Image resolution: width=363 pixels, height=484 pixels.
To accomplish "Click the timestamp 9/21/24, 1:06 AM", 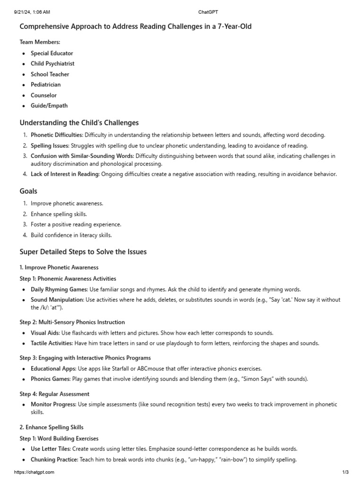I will pyautogui.click(x=32, y=11).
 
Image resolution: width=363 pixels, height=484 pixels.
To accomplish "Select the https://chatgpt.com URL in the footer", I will pyautogui.click(x=34, y=472).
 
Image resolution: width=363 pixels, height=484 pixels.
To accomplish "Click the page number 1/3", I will pyautogui.click(x=345, y=472).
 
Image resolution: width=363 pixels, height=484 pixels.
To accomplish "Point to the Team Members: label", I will pyautogui.click(x=40, y=42).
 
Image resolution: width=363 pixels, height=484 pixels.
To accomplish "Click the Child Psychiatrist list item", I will pyautogui.click(x=52, y=64).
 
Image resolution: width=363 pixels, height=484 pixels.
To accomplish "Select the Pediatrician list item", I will pyautogui.click(x=46, y=85).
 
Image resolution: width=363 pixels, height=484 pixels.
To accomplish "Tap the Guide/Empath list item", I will pyautogui.click(x=49, y=106).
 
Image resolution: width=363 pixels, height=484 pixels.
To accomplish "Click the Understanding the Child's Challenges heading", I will pyautogui.click(x=79, y=123).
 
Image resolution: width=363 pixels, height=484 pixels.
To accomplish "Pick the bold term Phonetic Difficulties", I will pyautogui.click(x=57, y=135).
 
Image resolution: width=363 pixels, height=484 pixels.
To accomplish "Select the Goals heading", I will pyautogui.click(x=28, y=191).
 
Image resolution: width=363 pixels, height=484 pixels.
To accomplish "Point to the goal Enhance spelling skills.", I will pyautogui.click(x=59, y=214).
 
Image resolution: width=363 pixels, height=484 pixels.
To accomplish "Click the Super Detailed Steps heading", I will pyautogui.click(x=83, y=252).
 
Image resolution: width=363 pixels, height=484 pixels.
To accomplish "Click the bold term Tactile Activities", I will pyautogui.click(x=52, y=343).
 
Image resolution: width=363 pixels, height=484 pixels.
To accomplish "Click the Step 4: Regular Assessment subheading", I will pyautogui.click(x=54, y=394).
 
